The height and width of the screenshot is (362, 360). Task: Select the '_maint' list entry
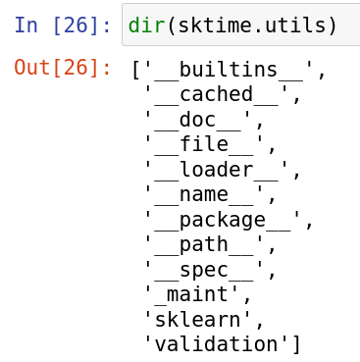pyautogui.click(x=192, y=294)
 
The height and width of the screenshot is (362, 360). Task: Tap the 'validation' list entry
pyautogui.click(x=215, y=344)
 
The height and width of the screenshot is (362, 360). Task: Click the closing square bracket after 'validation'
pyautogui.click(x=294, y=344)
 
